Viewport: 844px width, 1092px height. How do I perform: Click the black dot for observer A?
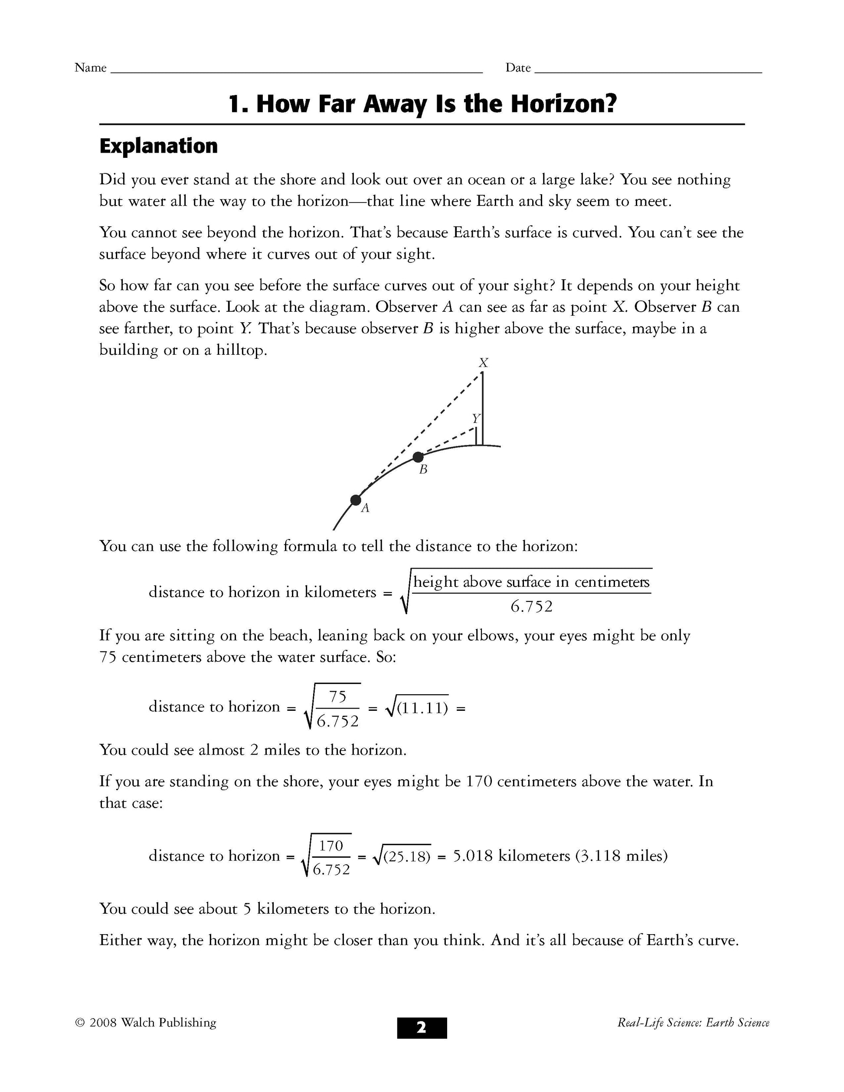(x=356, y=500)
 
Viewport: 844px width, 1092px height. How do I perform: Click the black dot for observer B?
(x=419, y=457)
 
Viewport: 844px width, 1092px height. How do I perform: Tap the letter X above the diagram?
(x=483, y=363)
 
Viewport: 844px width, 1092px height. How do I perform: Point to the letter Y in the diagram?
(x=475, y=418)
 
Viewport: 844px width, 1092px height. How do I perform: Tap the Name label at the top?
(x=91, y=68)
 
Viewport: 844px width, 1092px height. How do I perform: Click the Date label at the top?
(x=517, y=68)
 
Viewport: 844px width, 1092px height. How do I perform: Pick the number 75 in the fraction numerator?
(x=337, y=696)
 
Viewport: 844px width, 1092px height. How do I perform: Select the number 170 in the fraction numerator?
(x=331, y=846)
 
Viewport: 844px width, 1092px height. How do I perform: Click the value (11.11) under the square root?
(x=422, y=709)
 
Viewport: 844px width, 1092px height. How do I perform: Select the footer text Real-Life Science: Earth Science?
(x=693, y=1023)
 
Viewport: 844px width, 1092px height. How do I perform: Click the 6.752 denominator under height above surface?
(x=531, y=607)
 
